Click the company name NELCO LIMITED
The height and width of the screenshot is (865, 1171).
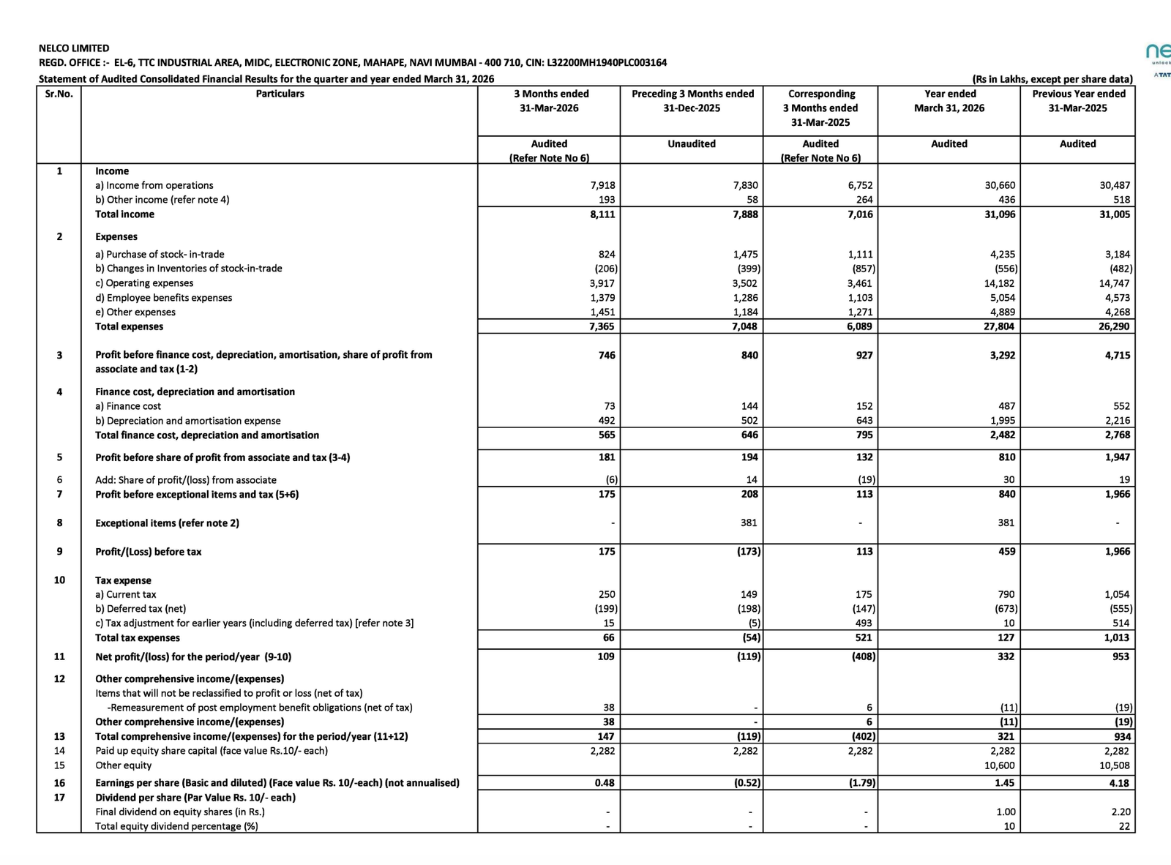pos(74,48)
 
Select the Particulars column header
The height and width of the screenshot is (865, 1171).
pos(280,94)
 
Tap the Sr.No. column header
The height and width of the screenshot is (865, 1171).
pos(59,94)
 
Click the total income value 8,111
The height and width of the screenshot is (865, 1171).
pos(602,214)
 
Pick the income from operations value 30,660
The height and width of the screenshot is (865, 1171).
pos(1000,186)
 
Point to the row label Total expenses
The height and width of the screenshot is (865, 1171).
pos(130,326)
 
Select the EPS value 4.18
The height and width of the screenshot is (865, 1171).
pos(1118,783)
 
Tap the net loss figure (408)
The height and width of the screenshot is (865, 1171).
pos(863,656)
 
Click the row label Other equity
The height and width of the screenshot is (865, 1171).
pos(124,765)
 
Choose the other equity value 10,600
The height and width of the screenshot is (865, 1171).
pos(999,765)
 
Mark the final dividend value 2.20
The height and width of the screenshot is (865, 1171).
pos(1121,812)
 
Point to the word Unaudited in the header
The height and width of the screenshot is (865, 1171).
pos(692,144)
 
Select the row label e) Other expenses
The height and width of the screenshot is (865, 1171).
pos(135,312)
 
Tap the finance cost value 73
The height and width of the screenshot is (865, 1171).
pos(609,406)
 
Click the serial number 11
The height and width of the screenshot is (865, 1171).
pos(59,656)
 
